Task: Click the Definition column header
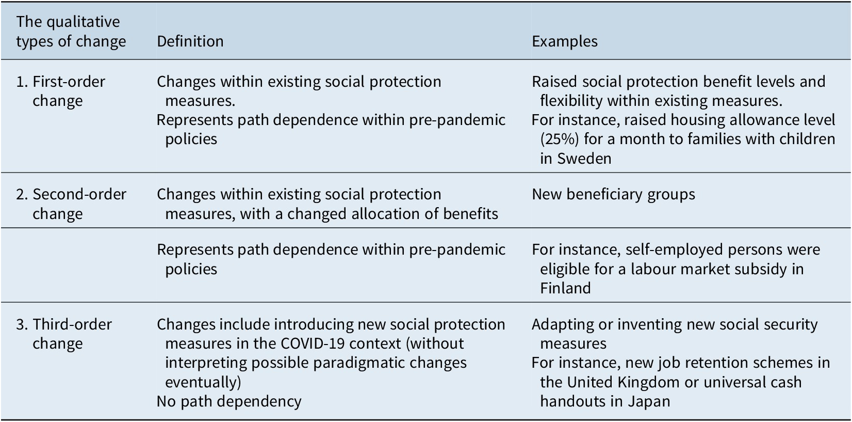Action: tap(190, 41)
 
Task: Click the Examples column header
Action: tap(564, 41)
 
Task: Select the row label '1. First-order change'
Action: tap(69, 91)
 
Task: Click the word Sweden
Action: tap(584, 158)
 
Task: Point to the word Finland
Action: tap(565, 288)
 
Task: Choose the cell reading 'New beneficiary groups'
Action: tap(613, 194)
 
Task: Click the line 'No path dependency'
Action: tap(229, 401)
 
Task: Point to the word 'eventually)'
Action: tap(203, 382)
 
